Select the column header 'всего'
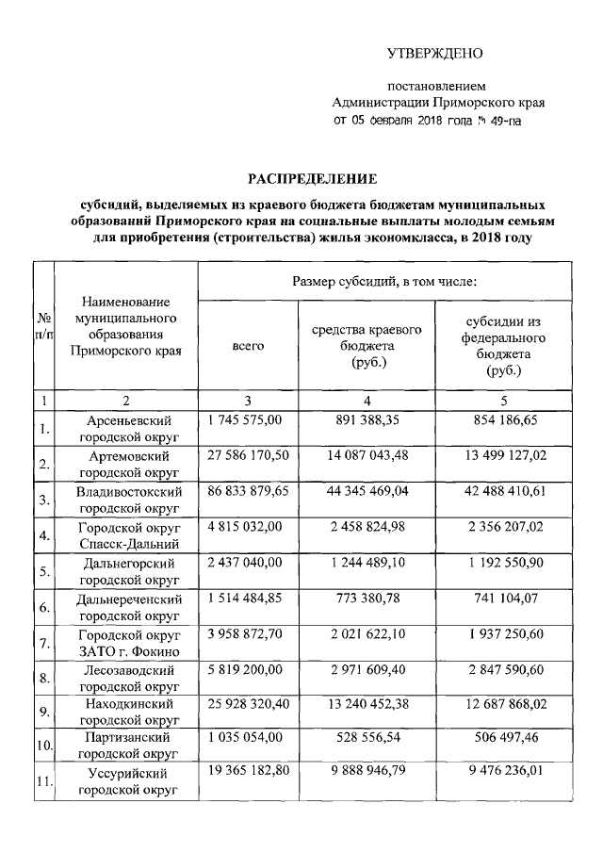pyautogui.click(x=248, y=347)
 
